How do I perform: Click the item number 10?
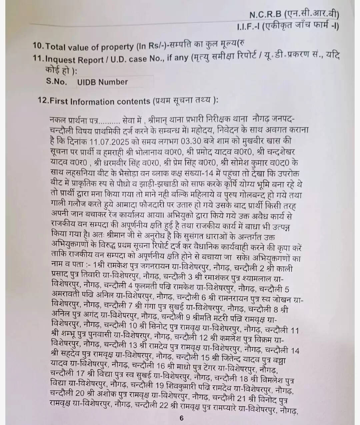[38, 46]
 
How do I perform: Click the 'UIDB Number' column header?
[102, 82]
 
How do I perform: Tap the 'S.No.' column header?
[57, 82]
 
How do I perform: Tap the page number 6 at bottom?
[181, 418]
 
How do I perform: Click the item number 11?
[38, 59]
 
